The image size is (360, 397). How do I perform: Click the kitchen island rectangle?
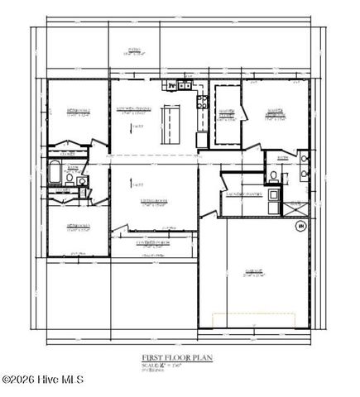coord(172,124)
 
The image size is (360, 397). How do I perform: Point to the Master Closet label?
coord(226,113)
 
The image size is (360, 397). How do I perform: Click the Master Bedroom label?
coord(276,113)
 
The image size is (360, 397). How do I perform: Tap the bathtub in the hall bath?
coord(54,175)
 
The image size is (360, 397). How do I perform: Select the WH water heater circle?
coord(300,226)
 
